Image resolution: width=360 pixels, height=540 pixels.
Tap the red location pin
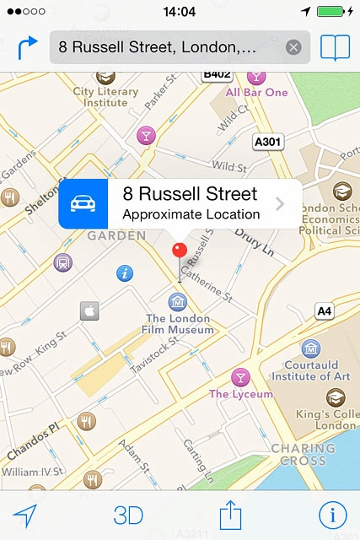pyautogui.click(x=179, y=251)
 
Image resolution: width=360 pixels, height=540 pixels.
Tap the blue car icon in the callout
pyautogui.click(x=83, y=203)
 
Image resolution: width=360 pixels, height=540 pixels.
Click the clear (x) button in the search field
pyautogui.click(x=293, y=47)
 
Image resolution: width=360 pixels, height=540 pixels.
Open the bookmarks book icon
pyautogui.click(x=335, y=47)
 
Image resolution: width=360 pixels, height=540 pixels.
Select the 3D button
pyautogui.click(x=128, y=515)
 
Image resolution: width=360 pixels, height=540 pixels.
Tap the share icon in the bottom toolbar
pyautogui.click(x=230, y=514)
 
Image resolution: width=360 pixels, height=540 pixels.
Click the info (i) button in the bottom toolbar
pyautogui.click(x=332, y=515)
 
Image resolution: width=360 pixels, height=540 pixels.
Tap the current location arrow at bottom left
pyautogui.click(x=26, y=515)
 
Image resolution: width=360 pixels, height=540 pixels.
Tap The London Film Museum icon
pyautogui.click(x=178, y=301)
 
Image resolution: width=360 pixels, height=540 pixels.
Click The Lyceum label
pyautogui.click(x=241, y=394)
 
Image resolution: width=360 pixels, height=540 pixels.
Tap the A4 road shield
pyautogui.click(x=325, y=312)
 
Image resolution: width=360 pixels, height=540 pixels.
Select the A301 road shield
pyautogui.click(x=269, y=142)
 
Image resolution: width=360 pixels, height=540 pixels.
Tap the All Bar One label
pyautogui.click(x=256, y=92)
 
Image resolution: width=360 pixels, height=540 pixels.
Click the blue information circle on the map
pyautogui.click(x=125, y=273)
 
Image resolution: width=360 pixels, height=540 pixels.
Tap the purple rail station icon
pyautogui.click(x=62, y=262)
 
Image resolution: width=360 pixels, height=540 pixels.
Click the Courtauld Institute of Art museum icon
pyautogui.click(x=311, y=348)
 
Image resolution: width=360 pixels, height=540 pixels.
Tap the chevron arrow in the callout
pyautogui.click(x=280, y=204)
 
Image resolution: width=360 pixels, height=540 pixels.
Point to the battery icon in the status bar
pyautogui.click(x=341, y=12)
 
